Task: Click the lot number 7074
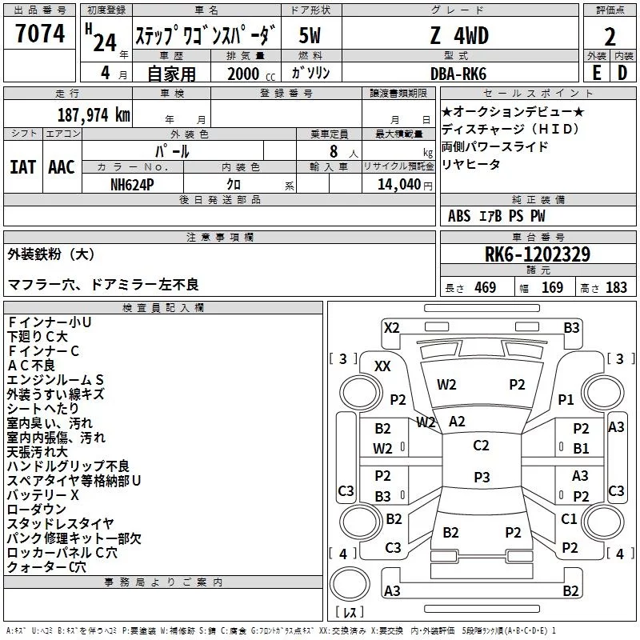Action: (x=40, y=33)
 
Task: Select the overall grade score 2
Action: (x=610, y=37)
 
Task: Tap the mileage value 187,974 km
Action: (x=94, y=115)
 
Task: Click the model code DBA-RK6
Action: (x=458, y=74)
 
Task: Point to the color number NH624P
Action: (x=132, y=185)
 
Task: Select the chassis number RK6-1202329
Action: (x=538, y=254)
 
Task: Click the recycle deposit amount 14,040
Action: (x=399, y=185)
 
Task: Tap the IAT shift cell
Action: (x=23, y=167)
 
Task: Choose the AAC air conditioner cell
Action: (x=62, y=167)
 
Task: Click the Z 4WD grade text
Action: (x=459, y=35)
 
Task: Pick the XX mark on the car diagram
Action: (x=382, y=366)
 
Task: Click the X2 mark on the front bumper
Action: (x=391, y=328)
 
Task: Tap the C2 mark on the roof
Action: (x=481, y=446)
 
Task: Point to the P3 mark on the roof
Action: (x=482, y=477)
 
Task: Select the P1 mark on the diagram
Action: (x=566, y=399)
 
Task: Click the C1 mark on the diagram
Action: (x=569, y=518)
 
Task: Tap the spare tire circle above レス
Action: (x=350, y=584)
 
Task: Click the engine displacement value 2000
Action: (x=243, y=74)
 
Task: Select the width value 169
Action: (x=552, y=287)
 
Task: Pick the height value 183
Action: (x=616, y=287)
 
